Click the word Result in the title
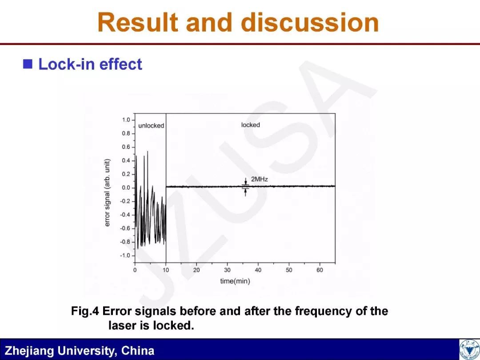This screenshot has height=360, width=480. (138, 23)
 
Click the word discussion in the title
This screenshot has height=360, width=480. (310, 23)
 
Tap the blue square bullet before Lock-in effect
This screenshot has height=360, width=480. (28, 64)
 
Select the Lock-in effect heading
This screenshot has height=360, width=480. (90, 64)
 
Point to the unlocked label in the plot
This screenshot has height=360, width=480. (151, 125)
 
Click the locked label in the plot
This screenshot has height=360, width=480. (250, 125)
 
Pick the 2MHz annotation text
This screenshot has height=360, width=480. (259, 179)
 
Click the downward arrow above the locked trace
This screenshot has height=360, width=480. (245, 181)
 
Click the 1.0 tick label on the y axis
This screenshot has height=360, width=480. (126, 120)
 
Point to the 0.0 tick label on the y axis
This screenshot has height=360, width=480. (126, 188)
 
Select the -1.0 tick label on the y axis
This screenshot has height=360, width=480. (125, 255)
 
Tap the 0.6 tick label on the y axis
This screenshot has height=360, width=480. (126, 147)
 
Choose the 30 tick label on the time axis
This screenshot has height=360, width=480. (227, 270)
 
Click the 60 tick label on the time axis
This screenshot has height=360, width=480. (320, 270)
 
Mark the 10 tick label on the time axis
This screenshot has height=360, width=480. (166, 270)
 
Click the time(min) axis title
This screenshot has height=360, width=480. (235, 281)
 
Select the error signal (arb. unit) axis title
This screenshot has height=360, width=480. (107, 193)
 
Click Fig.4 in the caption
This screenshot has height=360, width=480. (85, 311)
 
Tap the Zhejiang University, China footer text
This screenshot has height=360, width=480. (80, 351)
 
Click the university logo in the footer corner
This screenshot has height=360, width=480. (470, 350)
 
